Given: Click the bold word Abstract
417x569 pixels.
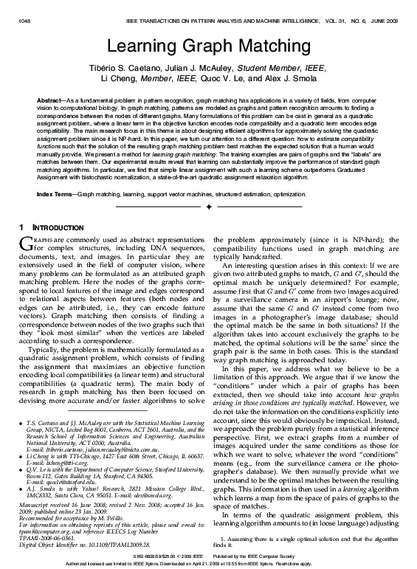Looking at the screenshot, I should pos(50,99).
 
